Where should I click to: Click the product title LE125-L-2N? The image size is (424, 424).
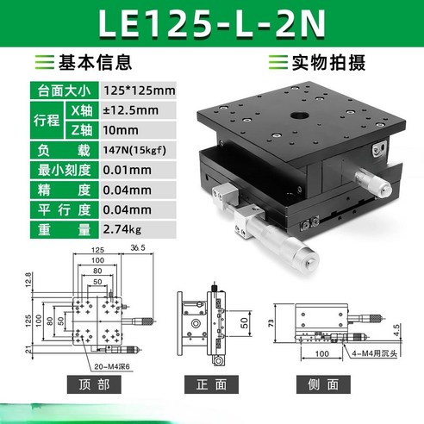click(211, 25)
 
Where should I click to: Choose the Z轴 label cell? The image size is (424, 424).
click(78, 129)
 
